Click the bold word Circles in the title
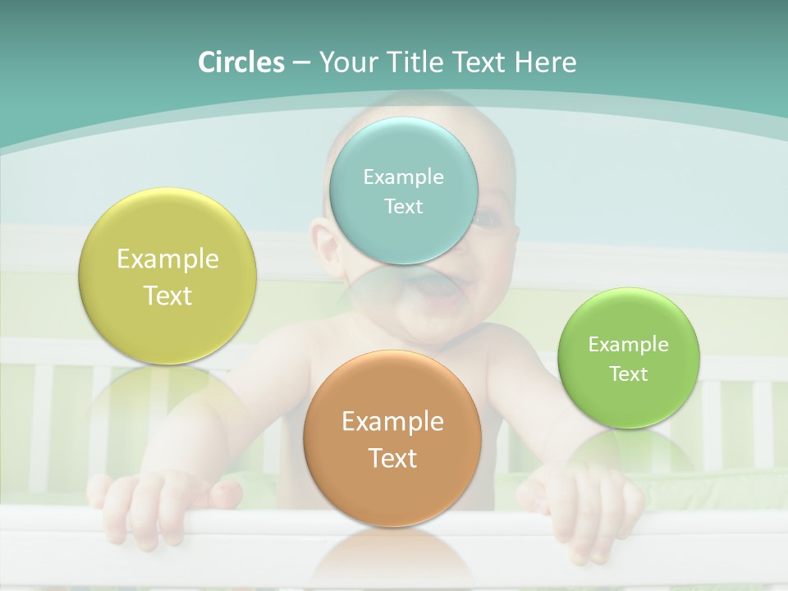(x=241, y=62)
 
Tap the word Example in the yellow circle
(x=167, y=259)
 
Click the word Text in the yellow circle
(x=167, y=295)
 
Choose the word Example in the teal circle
(x=403, y=177)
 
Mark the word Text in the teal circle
(x=403, y=206)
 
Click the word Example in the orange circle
(x=392, y=422)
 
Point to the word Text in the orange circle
(x=392, y=458)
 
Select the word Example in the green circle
(x=629, y=345)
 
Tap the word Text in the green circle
(x=629, y=373)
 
